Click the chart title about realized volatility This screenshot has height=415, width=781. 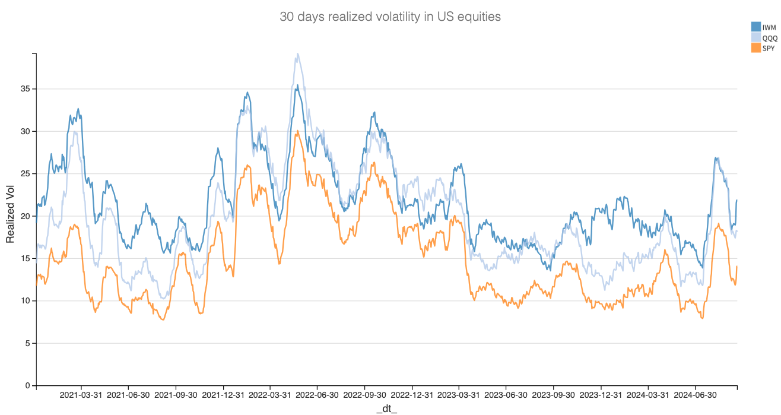[x=390, y=17]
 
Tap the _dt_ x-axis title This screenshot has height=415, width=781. [x=386, y=409]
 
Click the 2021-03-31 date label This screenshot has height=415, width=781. [x=81, y=395]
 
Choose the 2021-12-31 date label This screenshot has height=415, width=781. [x=223, y=395]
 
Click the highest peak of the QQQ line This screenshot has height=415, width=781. [x=297, y=53]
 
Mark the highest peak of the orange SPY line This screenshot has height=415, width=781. [x=297, y=131]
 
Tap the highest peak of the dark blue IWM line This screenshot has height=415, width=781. [x=297, y=85]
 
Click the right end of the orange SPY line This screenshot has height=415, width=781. [x=736, y=266]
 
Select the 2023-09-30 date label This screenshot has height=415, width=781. [x=553, y=395]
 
